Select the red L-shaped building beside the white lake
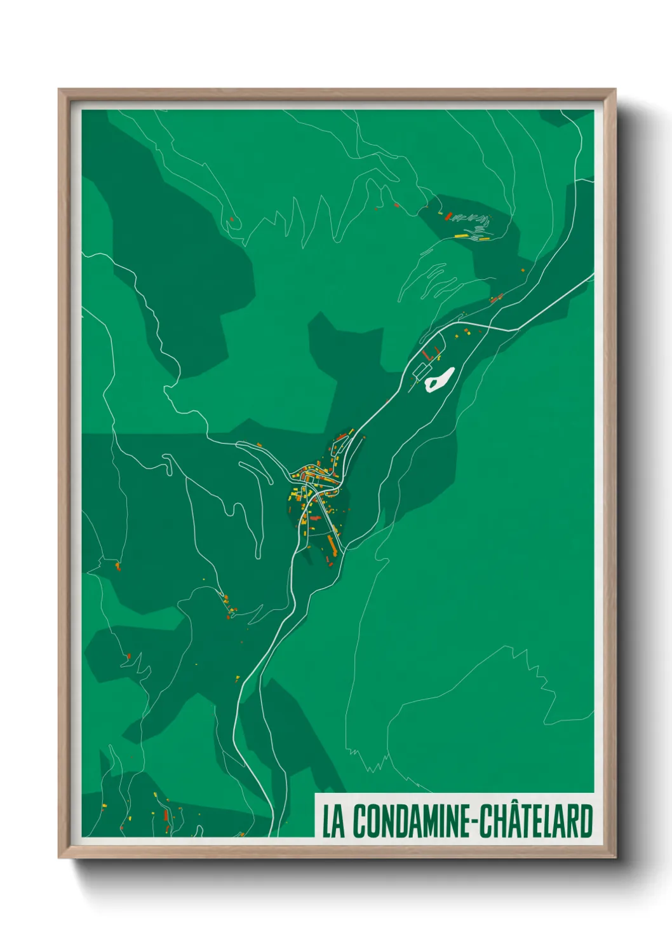click(x=431, y=353)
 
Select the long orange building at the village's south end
click(x=331, y=544)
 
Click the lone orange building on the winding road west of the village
click(x=259, y=444)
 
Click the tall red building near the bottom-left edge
click(x=166, y=816)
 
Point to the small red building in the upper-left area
click(x=231, y=219)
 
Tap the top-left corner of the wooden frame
click(x=60, y=90)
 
